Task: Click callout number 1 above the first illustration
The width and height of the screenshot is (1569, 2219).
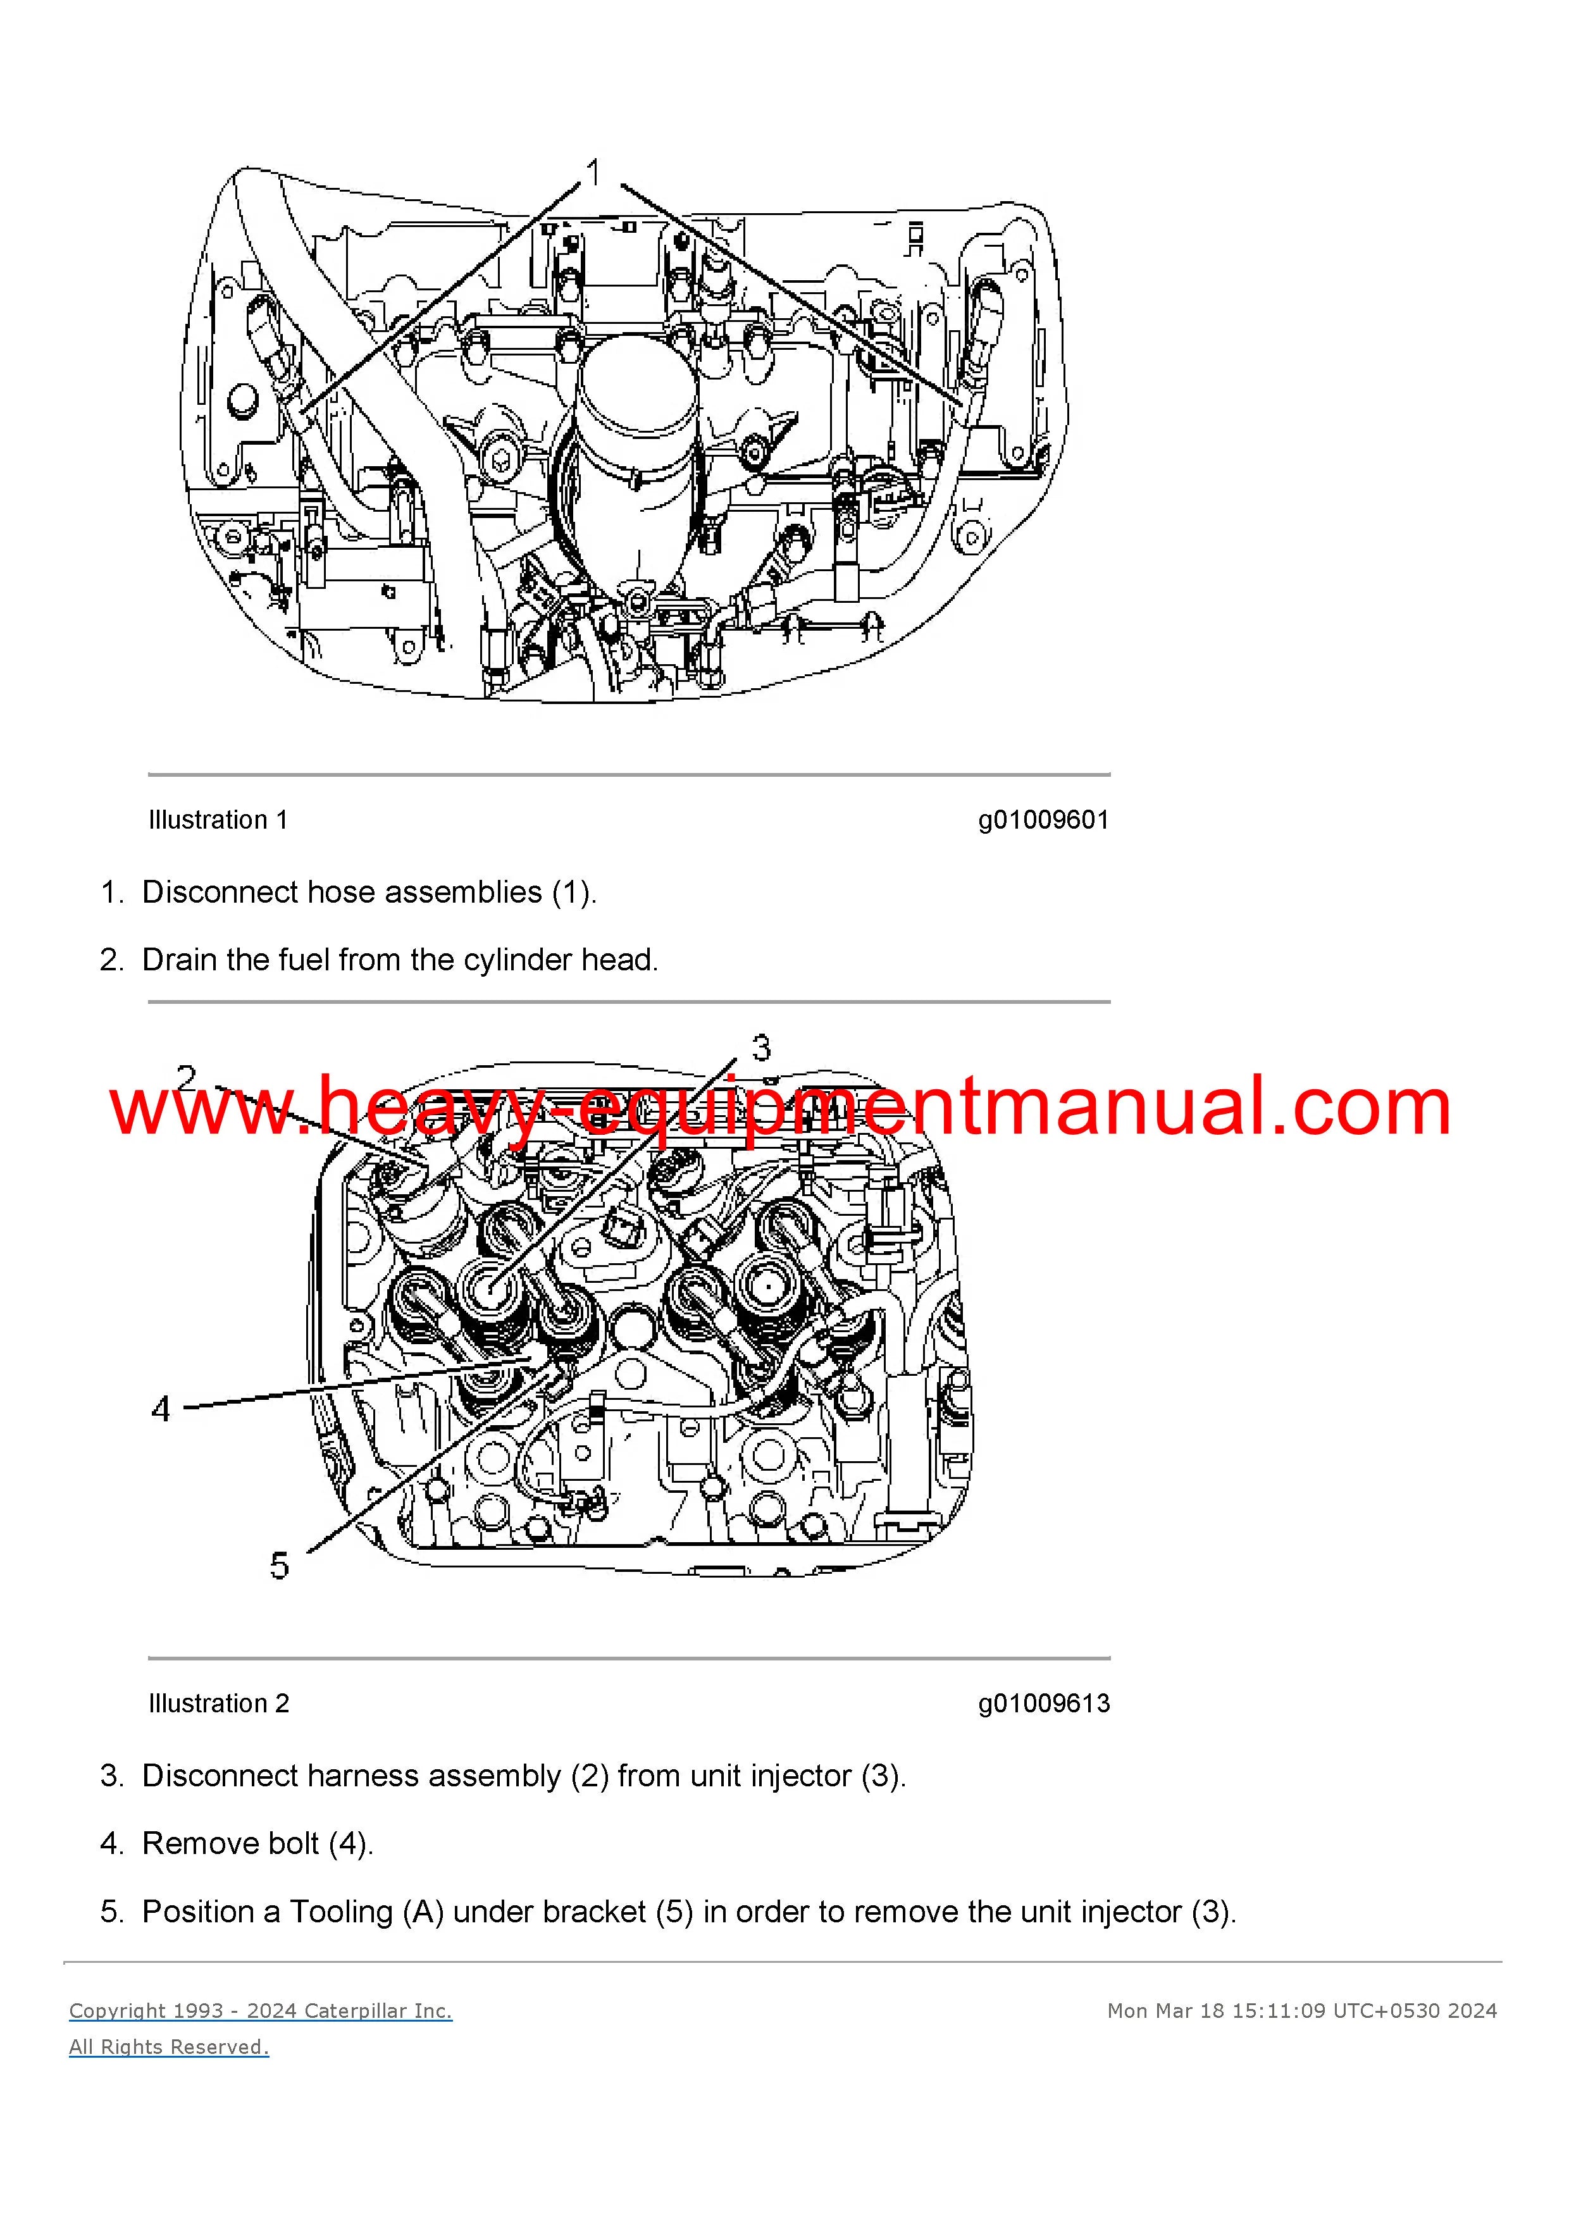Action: [595, 173]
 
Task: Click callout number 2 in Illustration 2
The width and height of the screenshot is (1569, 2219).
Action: [187, 1078]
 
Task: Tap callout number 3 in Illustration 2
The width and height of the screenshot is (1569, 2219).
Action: [762, 1048]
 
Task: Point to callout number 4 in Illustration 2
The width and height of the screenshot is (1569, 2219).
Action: [161, 1409]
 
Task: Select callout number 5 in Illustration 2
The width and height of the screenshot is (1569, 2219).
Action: [280, 1565]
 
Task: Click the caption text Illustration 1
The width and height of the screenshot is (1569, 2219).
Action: [218, 820]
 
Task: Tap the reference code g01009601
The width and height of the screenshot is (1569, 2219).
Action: [1044, 820]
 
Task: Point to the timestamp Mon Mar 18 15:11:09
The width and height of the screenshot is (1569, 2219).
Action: [1216, 2012]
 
